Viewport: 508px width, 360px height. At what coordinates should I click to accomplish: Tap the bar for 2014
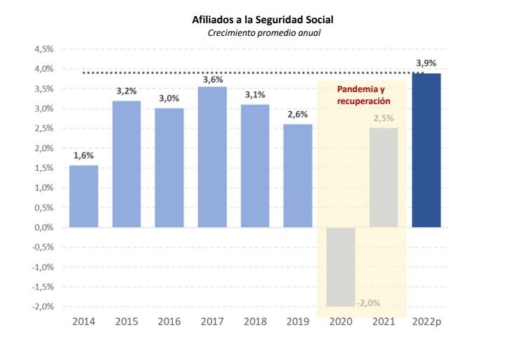tap(84, 196)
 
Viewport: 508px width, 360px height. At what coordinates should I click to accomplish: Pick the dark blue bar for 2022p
tap(426, 150)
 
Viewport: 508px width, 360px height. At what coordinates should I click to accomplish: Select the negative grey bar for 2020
tap(341, 267)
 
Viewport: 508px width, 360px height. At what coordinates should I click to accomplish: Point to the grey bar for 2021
tap(384, 178)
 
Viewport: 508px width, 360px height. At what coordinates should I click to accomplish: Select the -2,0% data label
tap(368, 303)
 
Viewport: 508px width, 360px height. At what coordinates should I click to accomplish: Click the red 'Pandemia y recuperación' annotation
tap(362, 96)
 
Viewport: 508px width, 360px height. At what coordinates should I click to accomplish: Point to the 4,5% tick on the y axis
tap(44, 49)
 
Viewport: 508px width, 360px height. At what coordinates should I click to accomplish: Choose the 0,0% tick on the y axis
tap(44, 228)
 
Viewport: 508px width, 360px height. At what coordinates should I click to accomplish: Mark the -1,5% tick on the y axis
tap(42, 287)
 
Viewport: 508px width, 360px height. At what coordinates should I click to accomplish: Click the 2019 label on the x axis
tap(298, 321)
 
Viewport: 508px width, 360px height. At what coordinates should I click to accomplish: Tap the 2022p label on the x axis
tap(427, 321)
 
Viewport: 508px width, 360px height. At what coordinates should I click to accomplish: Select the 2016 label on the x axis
tap(169, 321)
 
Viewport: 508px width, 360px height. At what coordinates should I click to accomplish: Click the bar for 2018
tap(255, 166)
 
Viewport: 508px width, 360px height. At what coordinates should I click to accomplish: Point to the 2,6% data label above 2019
tap(298, 115)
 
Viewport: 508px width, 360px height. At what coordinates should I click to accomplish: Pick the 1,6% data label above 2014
tap(84, 156)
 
